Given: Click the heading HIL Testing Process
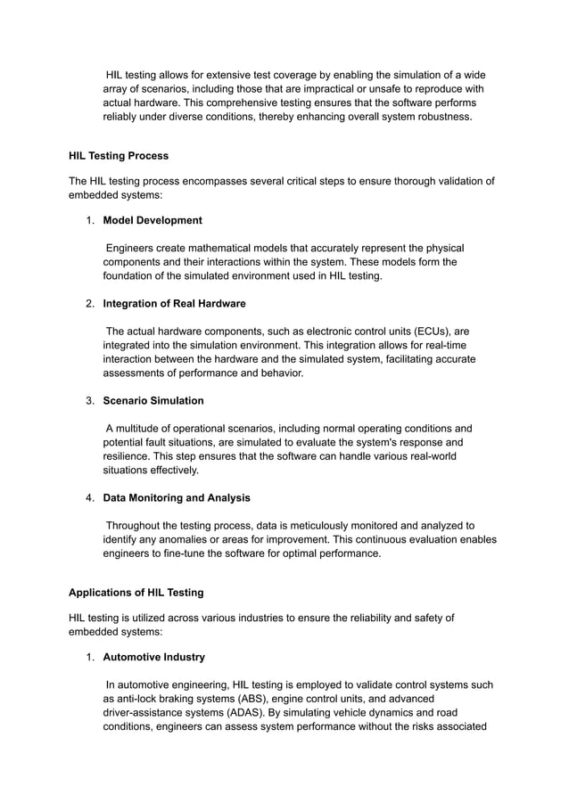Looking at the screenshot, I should [119, 156].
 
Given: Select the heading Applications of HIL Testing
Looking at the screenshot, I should [136, 593].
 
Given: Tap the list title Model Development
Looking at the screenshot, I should [153, 220].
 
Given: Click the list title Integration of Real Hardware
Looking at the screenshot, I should [175, 304].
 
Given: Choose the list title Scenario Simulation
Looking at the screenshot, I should [153, 400].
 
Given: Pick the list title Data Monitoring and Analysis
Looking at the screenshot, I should [177, 497].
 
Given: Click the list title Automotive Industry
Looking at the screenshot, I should [154, 657].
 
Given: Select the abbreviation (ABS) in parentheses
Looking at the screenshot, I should [252, 699].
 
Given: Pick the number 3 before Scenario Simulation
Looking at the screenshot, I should [89, 400].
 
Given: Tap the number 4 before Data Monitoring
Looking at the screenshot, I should [89, 497].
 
